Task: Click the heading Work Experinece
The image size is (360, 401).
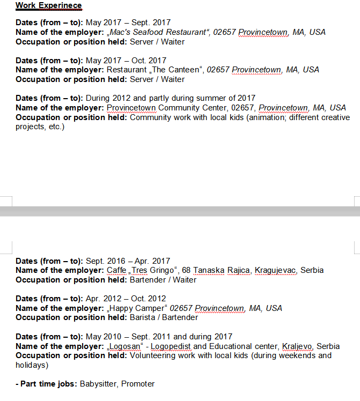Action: tap(48, 6)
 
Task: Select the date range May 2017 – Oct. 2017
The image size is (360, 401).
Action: tap(126, 61)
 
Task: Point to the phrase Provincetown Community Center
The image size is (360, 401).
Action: tap(168, 108)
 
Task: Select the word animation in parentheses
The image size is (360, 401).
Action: tap(268, 117)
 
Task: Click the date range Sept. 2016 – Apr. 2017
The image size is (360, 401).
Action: tap(128, 261)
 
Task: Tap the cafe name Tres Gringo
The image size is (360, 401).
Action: tap(153, 270)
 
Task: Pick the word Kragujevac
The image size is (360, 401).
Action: tap(275, 270)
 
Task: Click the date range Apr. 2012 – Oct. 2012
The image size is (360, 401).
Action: tap(126, 299)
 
